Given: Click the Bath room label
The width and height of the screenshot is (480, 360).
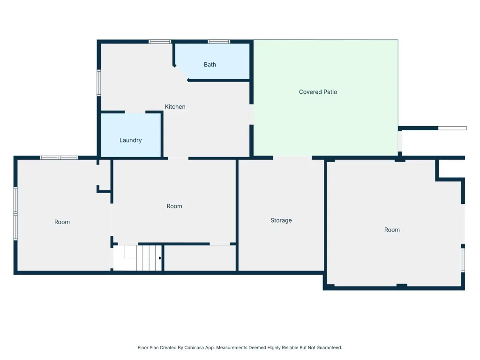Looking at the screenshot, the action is [x=210, y=65].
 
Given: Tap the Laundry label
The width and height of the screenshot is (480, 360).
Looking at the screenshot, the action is [x=130, y=140].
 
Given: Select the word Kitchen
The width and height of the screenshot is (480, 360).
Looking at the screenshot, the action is [x=175, y=106].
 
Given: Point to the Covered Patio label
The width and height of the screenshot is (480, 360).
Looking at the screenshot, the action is [x=318, y=92].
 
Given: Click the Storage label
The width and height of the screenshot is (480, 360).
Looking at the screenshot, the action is [x=281, y=220].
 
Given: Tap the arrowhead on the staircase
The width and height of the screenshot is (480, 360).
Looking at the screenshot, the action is [x=160, y=258].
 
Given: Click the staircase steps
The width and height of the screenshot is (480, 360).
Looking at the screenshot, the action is [x=143, y=258].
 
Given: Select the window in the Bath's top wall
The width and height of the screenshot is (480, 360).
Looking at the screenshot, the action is [x=219, y=42].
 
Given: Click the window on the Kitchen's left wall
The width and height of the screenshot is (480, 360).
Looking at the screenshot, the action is [x=99, y=83].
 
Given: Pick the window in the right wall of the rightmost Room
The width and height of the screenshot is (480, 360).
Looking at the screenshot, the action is [x=463, y=260].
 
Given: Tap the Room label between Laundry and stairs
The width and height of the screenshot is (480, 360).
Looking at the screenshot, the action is [x=174, y=206].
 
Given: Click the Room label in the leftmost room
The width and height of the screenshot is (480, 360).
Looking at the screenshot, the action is [x=62, y=222].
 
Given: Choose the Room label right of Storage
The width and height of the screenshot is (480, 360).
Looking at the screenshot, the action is [x=392, y=230].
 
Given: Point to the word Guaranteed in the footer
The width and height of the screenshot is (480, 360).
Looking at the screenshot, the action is [x=329, y=348].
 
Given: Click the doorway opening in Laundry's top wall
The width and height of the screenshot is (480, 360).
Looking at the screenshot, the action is [x=135, y=112].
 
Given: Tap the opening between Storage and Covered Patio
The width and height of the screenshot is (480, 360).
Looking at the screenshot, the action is [x=292, y=158].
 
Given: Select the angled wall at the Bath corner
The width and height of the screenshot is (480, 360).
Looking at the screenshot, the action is [x=181, y=73].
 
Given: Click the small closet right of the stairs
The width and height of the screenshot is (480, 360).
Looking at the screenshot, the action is [x=200, y=258].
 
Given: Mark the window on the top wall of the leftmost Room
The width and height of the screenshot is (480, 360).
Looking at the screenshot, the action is [x=59, y=158].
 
